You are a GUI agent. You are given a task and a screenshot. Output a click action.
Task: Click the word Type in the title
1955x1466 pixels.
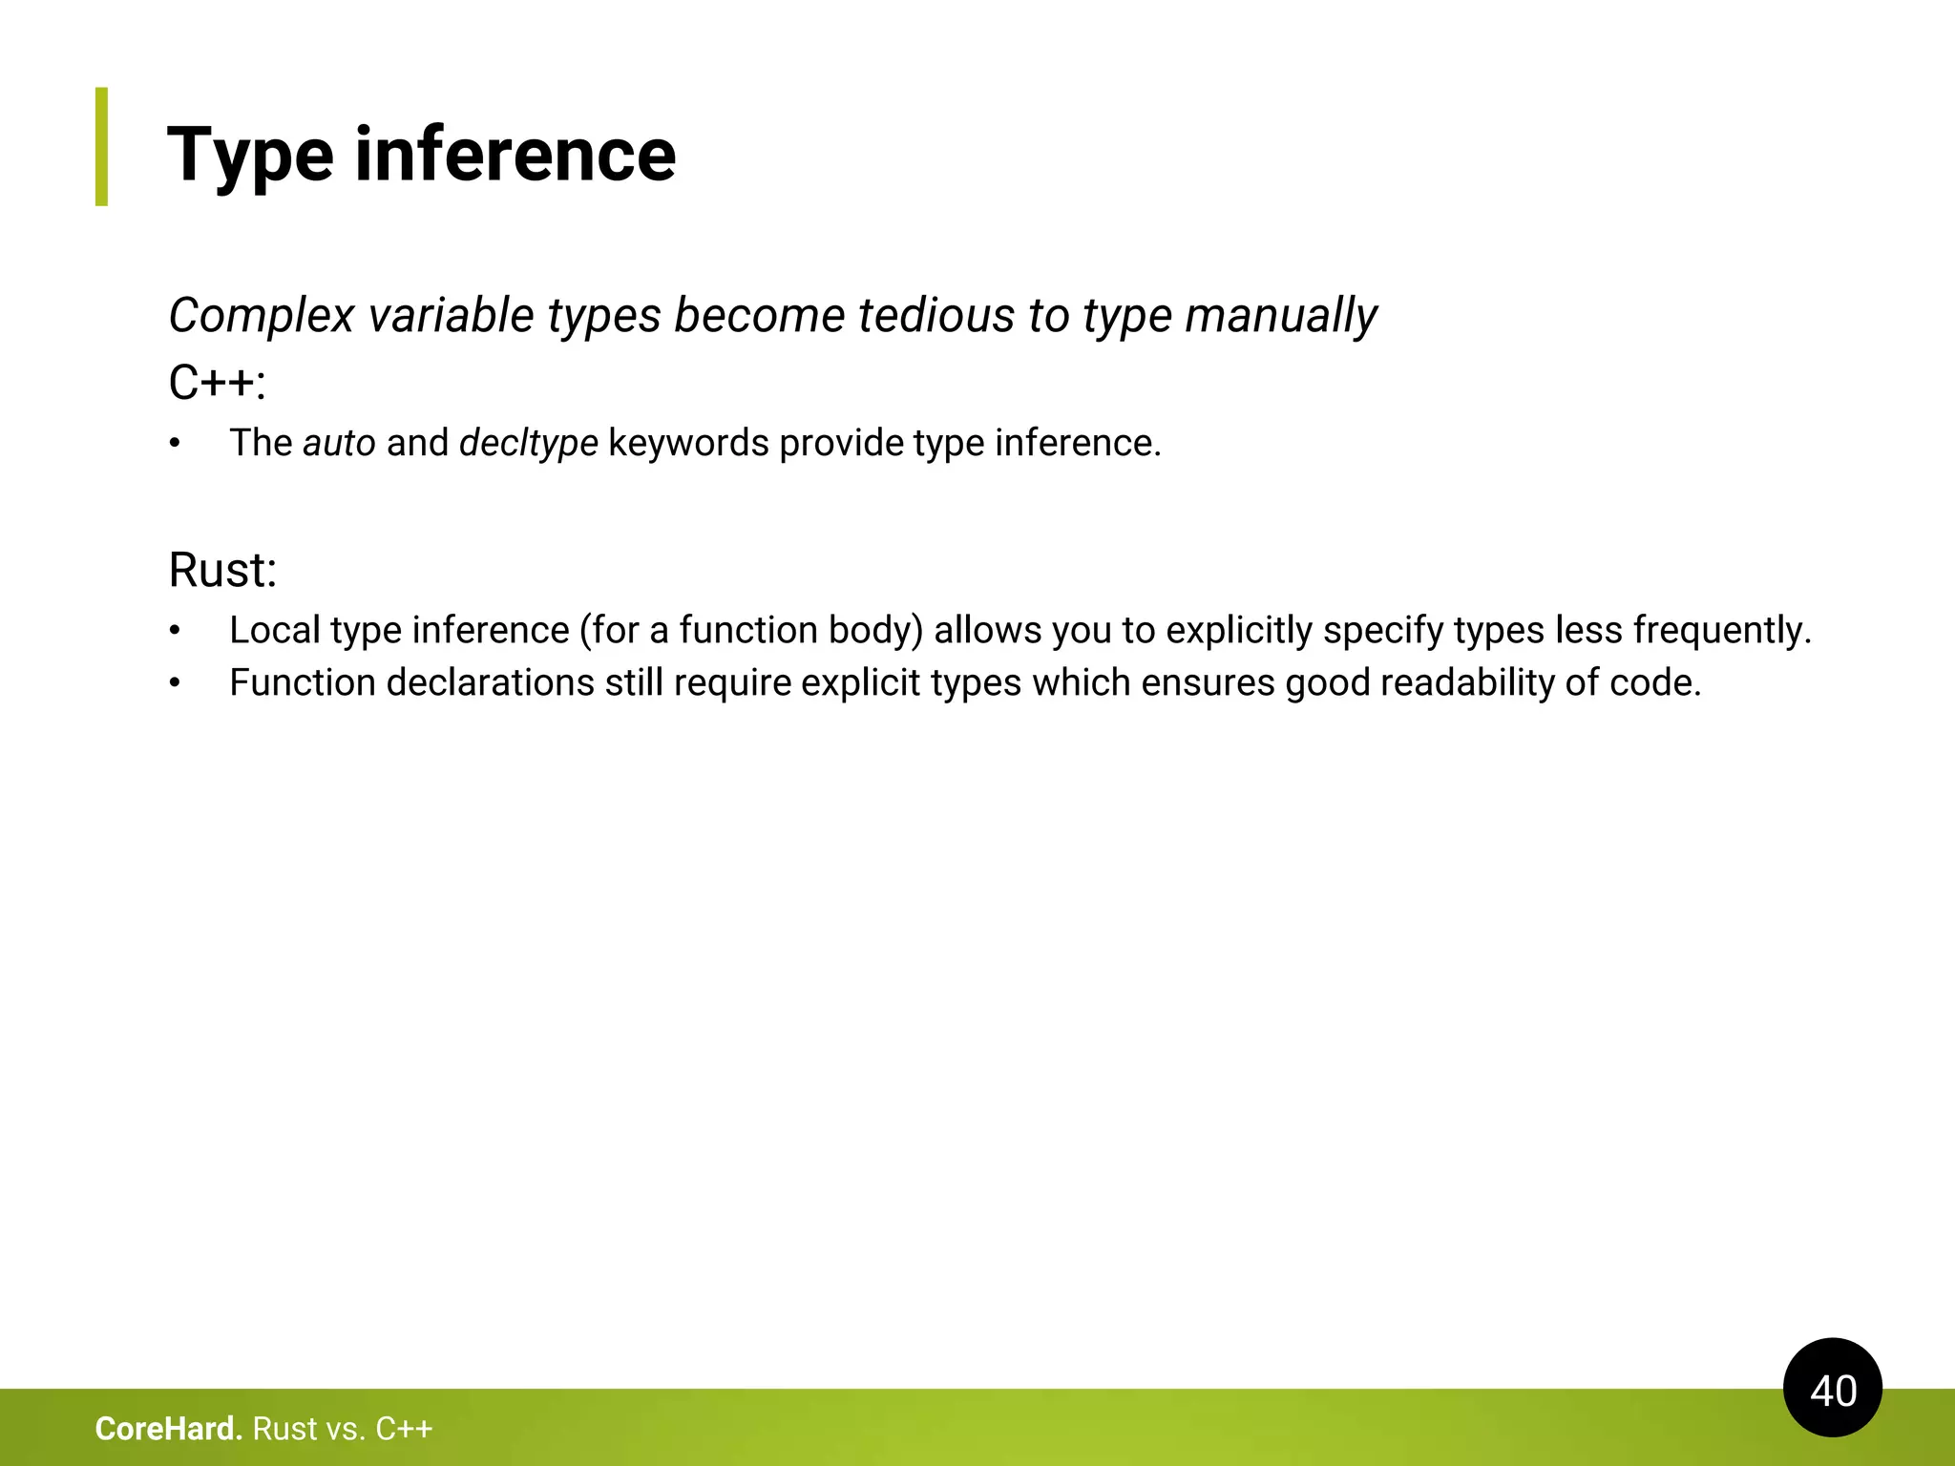[250, 156]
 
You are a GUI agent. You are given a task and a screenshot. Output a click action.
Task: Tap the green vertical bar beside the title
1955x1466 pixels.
[101, 146]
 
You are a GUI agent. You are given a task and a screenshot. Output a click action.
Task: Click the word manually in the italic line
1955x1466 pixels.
[1280, 316]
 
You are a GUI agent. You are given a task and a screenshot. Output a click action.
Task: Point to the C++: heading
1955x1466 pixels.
[217, 383]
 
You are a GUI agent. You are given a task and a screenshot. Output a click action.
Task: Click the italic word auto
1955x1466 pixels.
[339, 443]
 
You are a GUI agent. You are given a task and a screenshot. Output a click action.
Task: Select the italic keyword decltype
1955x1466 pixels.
[528, 443]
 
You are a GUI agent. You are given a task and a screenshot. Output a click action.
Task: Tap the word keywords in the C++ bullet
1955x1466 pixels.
[687, 443]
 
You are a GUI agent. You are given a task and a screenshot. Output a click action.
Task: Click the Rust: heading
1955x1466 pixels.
[222, 570]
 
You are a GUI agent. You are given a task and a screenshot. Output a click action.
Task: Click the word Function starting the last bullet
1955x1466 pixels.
[303, 682]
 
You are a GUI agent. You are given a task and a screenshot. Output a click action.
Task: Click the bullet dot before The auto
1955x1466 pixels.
[175, 444]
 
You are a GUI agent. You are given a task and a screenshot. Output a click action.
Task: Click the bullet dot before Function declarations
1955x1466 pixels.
[175, 683]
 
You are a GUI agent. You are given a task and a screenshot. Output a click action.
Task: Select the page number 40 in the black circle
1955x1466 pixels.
[1832, 1390]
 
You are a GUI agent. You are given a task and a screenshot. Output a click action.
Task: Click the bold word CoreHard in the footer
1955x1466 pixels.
[168, 1429]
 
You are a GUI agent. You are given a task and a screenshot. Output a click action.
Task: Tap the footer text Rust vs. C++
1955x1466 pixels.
[343, 1429]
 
